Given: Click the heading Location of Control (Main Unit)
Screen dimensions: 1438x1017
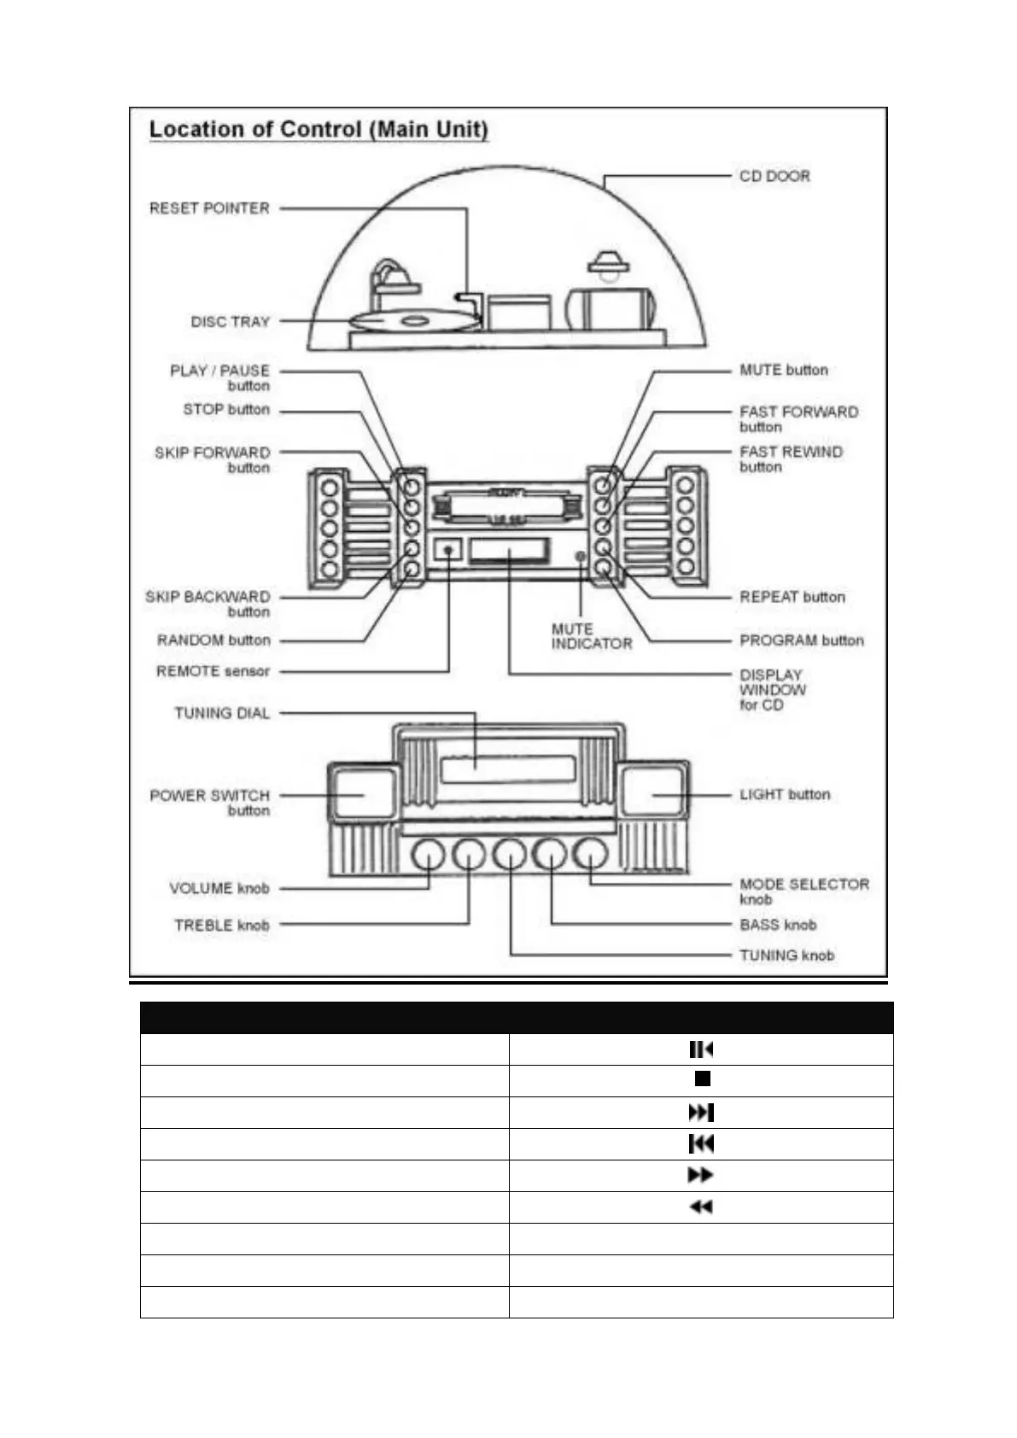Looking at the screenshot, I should [x=319, y=130].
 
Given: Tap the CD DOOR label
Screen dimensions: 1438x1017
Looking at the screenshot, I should [x=774, y=176].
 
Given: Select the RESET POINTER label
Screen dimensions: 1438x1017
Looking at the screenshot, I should [x=209, y=208].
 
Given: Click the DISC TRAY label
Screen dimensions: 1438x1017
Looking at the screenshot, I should [x=230, y=322].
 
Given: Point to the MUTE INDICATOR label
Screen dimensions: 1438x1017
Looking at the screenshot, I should [x=591, y=636].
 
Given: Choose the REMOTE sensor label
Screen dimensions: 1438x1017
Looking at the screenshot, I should [x=213, y=671].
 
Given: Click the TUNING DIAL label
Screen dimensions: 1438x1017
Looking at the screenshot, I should [x=222, y=713].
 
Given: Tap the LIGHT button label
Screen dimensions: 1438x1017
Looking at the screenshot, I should [x=785, y=794].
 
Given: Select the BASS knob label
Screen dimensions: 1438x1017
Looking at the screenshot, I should [x=778, y=925].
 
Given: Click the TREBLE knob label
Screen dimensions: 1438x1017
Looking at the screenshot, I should [x=221, y=925].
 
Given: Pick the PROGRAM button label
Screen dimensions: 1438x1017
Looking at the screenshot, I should [x=801, y=640].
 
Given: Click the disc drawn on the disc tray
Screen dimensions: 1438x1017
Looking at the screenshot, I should [x=413, y=322].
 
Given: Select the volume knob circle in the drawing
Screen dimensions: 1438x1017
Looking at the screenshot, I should [x=429, y=854].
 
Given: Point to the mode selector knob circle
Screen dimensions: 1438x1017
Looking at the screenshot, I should [x=590, y=854].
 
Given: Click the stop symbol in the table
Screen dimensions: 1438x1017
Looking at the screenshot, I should [x=702, y=1079].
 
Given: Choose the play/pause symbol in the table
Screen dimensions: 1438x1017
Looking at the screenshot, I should [x=701, y=1049].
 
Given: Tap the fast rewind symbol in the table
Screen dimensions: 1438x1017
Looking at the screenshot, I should [x=701, y=1207].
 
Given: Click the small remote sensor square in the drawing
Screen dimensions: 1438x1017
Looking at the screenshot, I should [x=448, y=549].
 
